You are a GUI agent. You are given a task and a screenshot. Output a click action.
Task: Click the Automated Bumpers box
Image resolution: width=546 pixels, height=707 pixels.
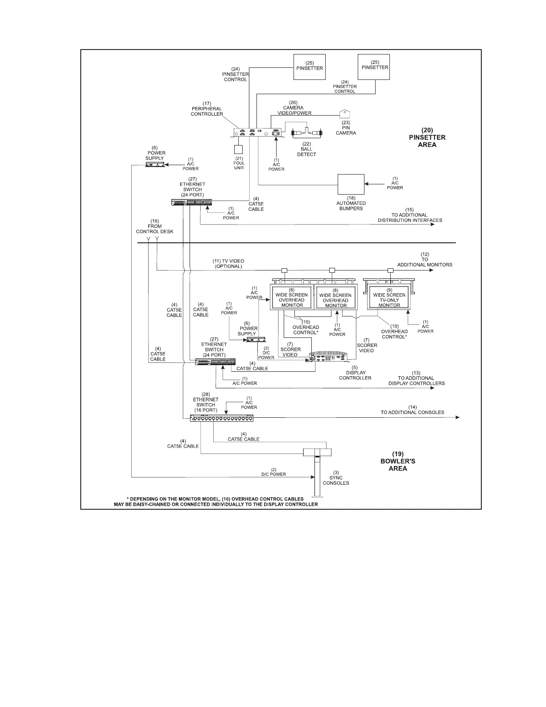click(x=351, y=184)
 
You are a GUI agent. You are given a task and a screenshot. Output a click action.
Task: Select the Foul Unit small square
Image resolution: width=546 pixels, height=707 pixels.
click(x=239, y=150)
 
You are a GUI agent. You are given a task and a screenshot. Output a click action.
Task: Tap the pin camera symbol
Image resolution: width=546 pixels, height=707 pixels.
click(x=345, y=113)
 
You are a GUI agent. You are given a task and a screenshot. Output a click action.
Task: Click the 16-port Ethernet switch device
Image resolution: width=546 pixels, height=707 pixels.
click(x=222, y=418)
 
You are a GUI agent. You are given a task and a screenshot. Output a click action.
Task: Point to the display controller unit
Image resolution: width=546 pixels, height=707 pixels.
click(x=329, y=358)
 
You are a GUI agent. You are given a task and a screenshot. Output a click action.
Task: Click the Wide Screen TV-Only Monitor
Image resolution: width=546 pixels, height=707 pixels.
click(x=389, y=298)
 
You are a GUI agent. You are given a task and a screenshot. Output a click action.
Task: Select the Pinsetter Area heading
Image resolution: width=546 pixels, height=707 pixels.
click(x=427, y=137)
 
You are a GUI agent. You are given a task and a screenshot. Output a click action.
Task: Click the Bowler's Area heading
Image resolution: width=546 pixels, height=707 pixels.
click(x=397, y=461)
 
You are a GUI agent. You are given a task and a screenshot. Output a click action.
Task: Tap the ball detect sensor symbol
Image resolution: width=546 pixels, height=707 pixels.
click(x=306, y=133)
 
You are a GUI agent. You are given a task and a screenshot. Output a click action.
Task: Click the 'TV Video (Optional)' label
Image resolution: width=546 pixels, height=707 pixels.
click(x=228, y=263)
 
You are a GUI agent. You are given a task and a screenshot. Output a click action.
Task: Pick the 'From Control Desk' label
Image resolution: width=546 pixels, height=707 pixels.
click(x=155, y=226)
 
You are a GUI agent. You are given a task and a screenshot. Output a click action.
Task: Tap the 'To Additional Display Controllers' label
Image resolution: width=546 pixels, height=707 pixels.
click(x=416, y=381)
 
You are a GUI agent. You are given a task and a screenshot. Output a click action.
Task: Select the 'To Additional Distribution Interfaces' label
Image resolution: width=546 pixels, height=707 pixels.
click(x=410, y=217)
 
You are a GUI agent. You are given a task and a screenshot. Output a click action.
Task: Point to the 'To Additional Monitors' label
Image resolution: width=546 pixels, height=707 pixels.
click(x=425, y=262)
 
